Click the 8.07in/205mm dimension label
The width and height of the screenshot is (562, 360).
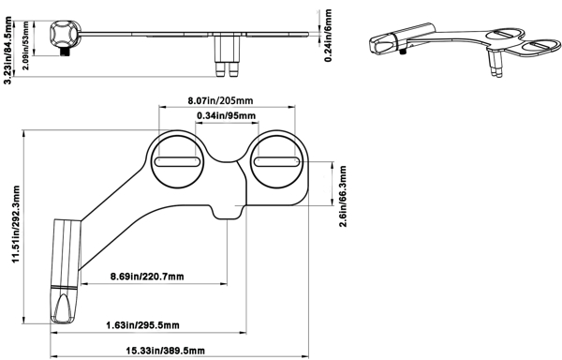coord(220,100)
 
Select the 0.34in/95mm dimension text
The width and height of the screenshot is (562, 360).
coord(227,116)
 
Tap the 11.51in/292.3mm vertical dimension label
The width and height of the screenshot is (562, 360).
coord(16,224)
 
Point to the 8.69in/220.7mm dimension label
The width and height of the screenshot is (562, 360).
coord(147,277)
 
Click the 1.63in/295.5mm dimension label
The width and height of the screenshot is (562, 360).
coord(142,325)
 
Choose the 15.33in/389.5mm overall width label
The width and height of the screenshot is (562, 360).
coord(165,351)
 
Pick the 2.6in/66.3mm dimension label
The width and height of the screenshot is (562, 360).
coord(343,196)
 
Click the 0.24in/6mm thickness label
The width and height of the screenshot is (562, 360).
coord(328,36)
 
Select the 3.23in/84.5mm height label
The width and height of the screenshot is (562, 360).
coord(7,51)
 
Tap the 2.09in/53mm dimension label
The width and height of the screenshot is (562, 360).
coord(26,46)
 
